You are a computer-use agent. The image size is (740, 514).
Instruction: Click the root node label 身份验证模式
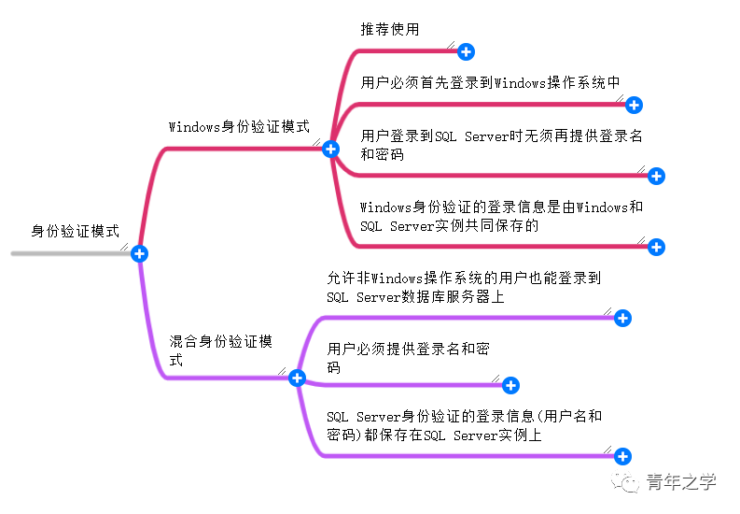[x=76, y=231]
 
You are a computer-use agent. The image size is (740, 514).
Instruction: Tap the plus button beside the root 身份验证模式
[x=139, y=253]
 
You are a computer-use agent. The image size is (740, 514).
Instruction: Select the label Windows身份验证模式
[x=239, y=126]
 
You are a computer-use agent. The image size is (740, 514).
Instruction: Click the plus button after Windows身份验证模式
[x=329, y=149]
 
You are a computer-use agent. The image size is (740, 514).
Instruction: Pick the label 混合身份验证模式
[x=221, y=350]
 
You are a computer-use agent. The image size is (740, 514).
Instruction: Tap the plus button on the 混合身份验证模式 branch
[x=298, y=378]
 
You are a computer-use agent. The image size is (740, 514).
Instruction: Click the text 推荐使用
[x=390, y=29]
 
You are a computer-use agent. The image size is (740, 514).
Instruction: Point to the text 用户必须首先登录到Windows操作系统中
[x=491, y=82]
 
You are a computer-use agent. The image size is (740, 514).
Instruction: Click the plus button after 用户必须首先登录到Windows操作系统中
[x=634, y=105]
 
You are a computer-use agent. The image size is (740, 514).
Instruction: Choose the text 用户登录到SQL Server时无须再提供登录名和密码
[x=501, y=145]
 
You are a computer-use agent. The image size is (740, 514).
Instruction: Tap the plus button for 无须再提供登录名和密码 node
[x=656, y=176]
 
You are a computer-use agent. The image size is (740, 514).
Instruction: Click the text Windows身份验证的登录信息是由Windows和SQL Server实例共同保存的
[x=501, y=216]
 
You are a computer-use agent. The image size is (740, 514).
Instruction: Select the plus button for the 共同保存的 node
[x=656, y=247]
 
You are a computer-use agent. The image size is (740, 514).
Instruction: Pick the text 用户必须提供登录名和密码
[x=408, y=358]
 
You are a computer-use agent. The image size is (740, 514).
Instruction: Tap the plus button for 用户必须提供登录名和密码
[x=510, y=385]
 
